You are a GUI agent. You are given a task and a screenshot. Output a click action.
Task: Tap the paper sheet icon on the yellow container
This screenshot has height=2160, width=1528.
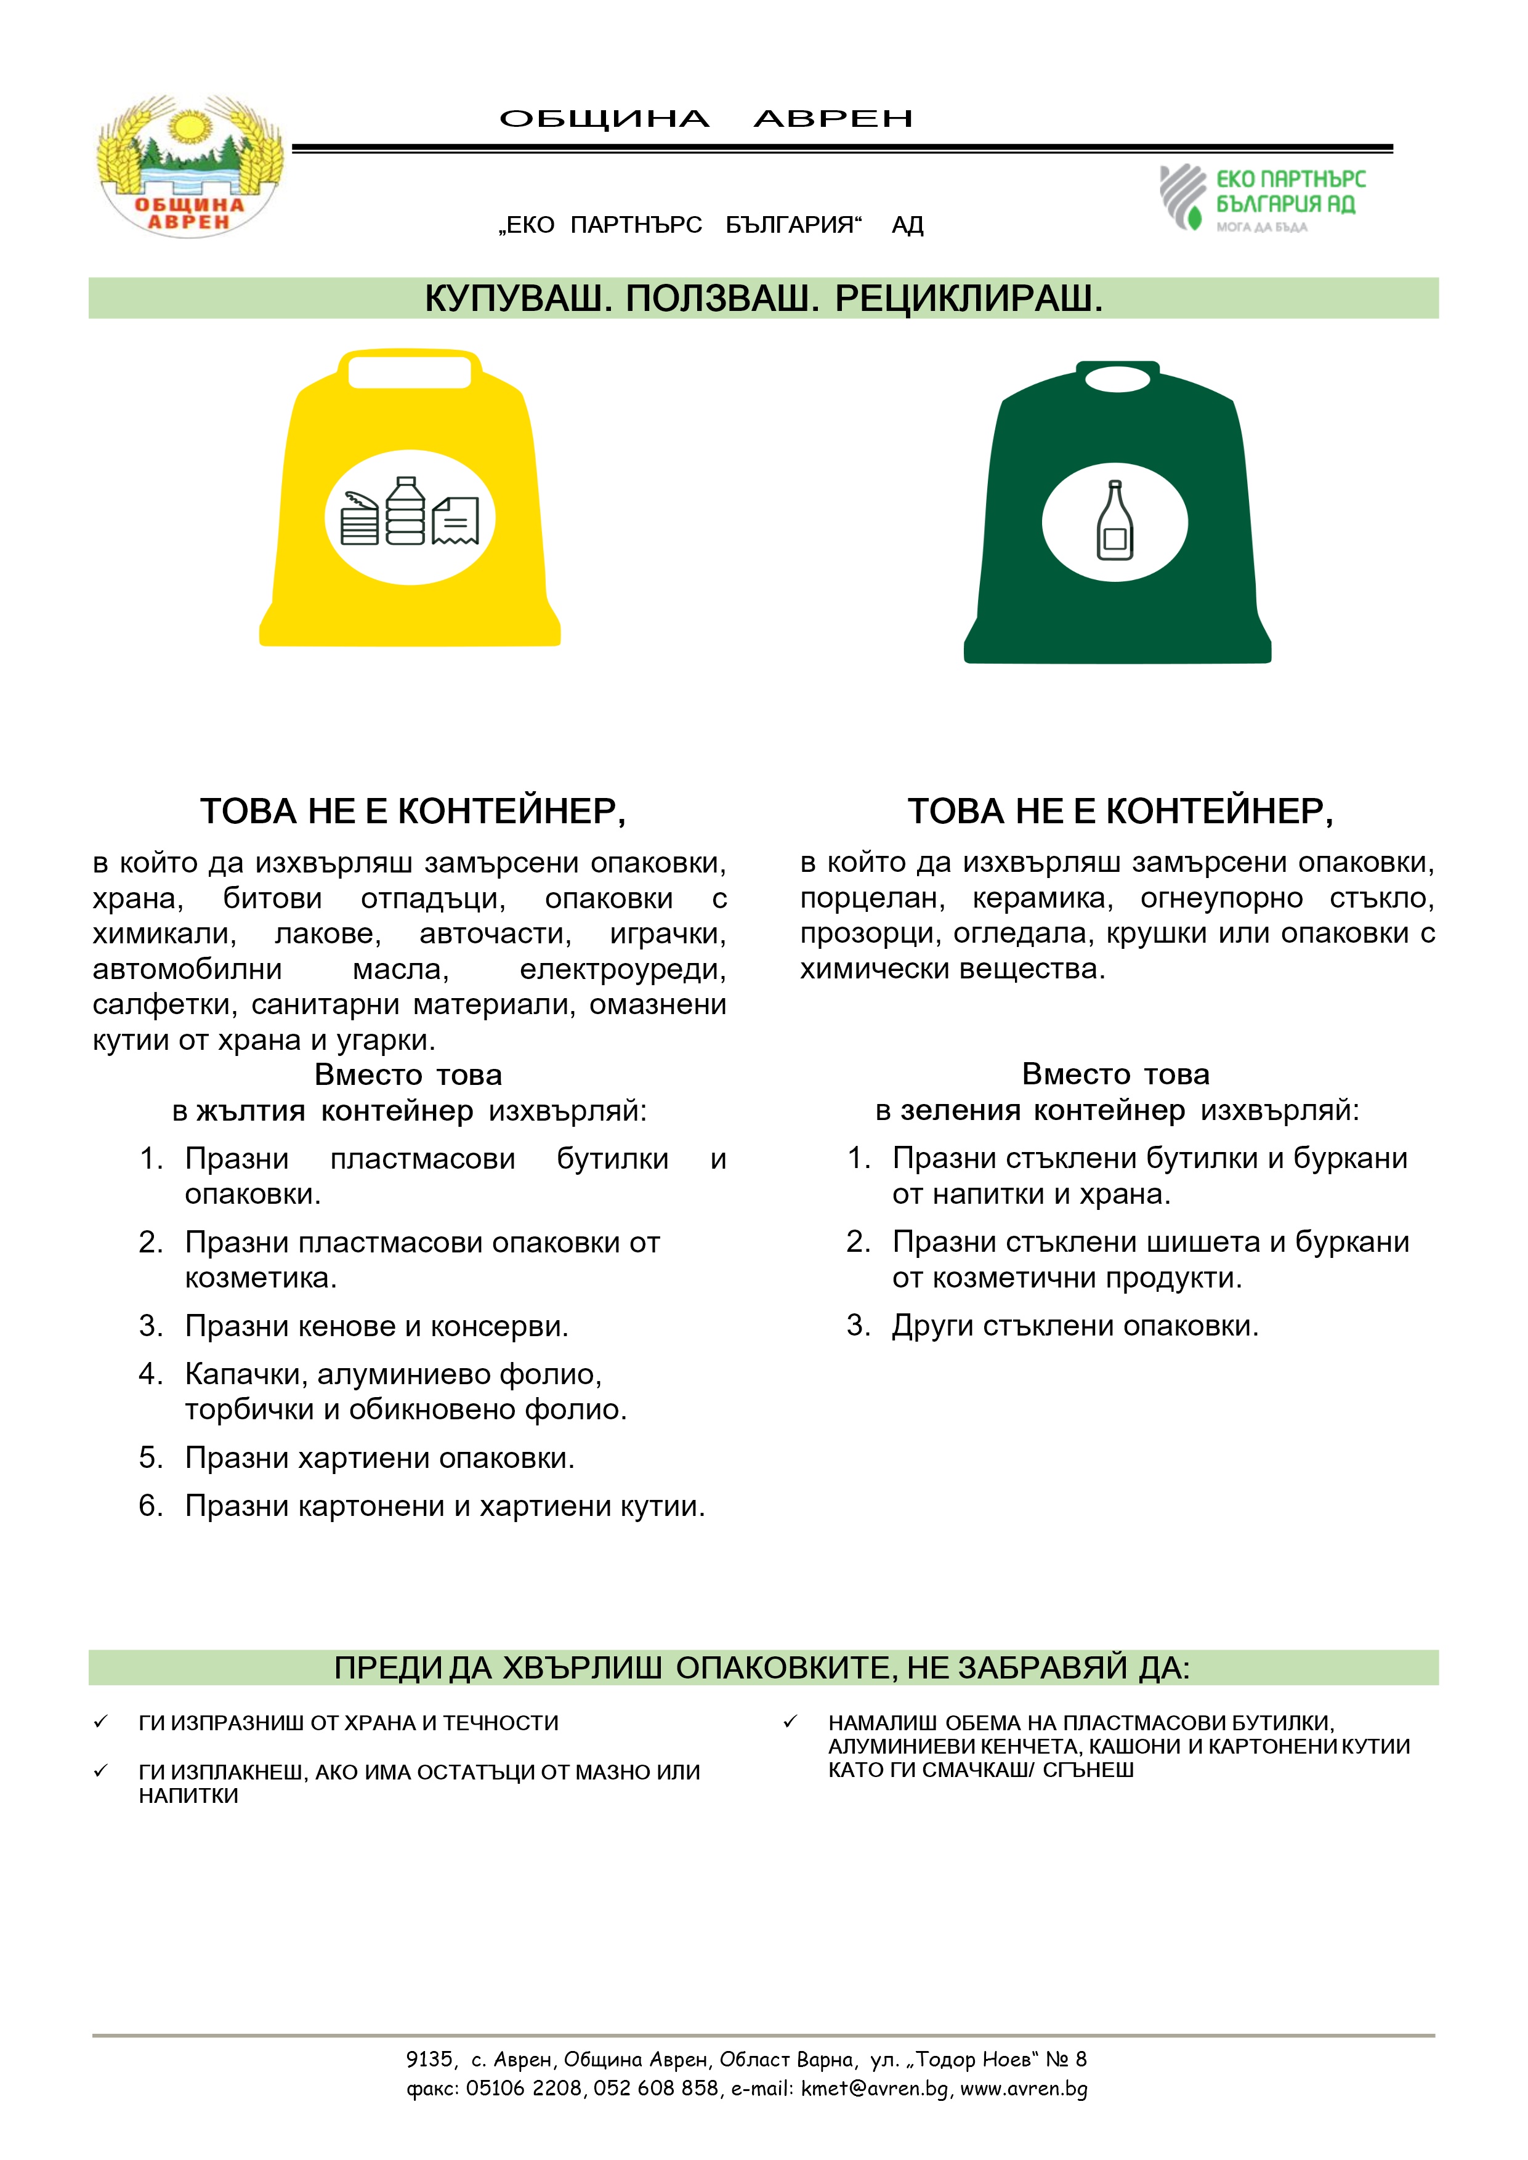[455, 520]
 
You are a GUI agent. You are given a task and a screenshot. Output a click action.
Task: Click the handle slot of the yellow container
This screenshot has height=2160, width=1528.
[410, 372]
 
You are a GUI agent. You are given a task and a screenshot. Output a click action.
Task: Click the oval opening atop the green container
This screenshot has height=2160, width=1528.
[1118, 379]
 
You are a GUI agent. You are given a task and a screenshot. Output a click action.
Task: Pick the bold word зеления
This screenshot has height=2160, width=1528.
[961, 1110]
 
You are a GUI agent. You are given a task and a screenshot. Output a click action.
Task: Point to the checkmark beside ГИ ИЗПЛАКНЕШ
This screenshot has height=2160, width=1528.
[100, 1770]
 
